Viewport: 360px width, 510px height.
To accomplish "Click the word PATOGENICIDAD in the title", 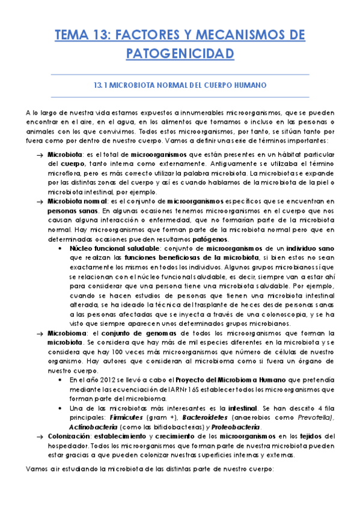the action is point(180,54).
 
